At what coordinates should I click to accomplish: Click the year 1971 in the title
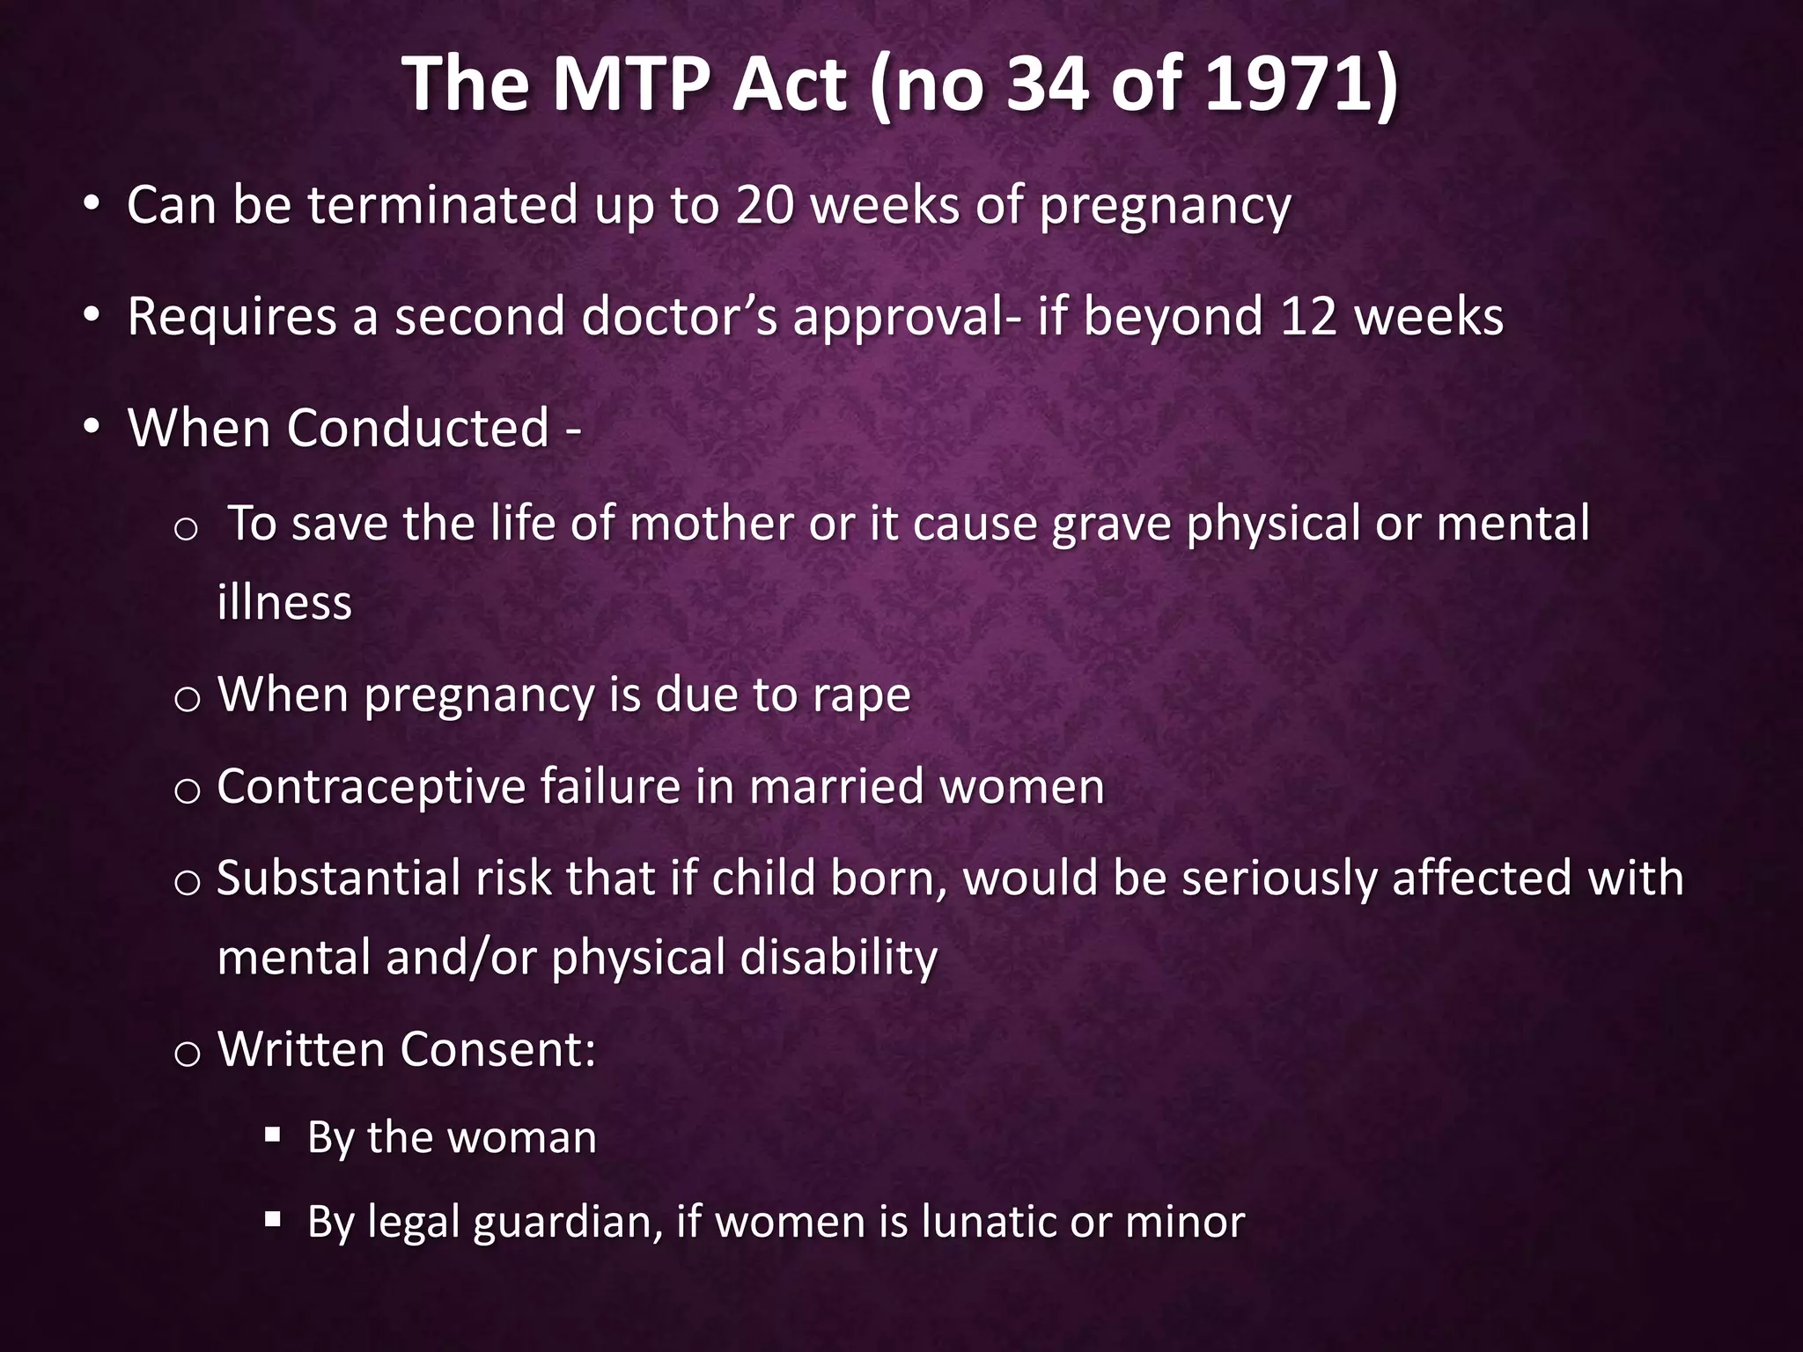[x=1290, y=85]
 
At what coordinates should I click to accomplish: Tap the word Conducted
[x=418, y=429]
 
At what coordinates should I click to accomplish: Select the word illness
[x=284, y=603]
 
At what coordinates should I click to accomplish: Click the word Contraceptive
[x=371, y=787]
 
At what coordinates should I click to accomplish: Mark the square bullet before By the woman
[x=272, y=1135]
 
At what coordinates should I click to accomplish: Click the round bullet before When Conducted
[x=92, y=427]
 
